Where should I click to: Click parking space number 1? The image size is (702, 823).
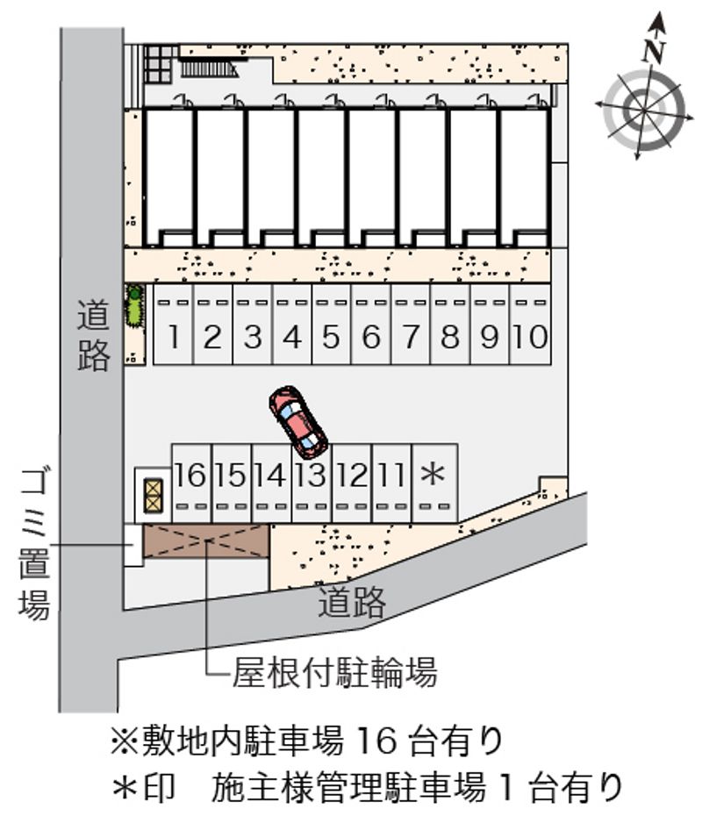[x=173, y=325]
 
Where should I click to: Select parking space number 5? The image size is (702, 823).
[x=332, y=325]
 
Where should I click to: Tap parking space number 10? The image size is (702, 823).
[x=530, y=325]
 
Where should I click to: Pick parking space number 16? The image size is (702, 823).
[x=191, y=483]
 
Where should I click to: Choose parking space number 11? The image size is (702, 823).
[x=391, y=483]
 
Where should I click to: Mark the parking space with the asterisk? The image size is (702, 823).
[x=434, y=483]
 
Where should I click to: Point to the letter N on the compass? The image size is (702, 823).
[x=655, y=50]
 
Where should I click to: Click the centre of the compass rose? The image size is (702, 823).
[x=644, y=111]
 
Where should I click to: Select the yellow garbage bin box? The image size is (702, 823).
[x=154, y=496]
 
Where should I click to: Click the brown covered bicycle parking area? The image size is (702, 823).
[x=206, y=540]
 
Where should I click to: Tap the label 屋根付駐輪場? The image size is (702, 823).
[x=335, y=673]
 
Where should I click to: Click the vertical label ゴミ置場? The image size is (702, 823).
[x=34, y=544]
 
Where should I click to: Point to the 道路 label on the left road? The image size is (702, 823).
[x=94, y=335]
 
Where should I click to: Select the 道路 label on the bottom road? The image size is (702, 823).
[x=352, y=602]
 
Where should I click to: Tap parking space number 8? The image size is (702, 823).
[x=450, y=325]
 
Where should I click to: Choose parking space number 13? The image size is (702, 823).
[x=312, y=483]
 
